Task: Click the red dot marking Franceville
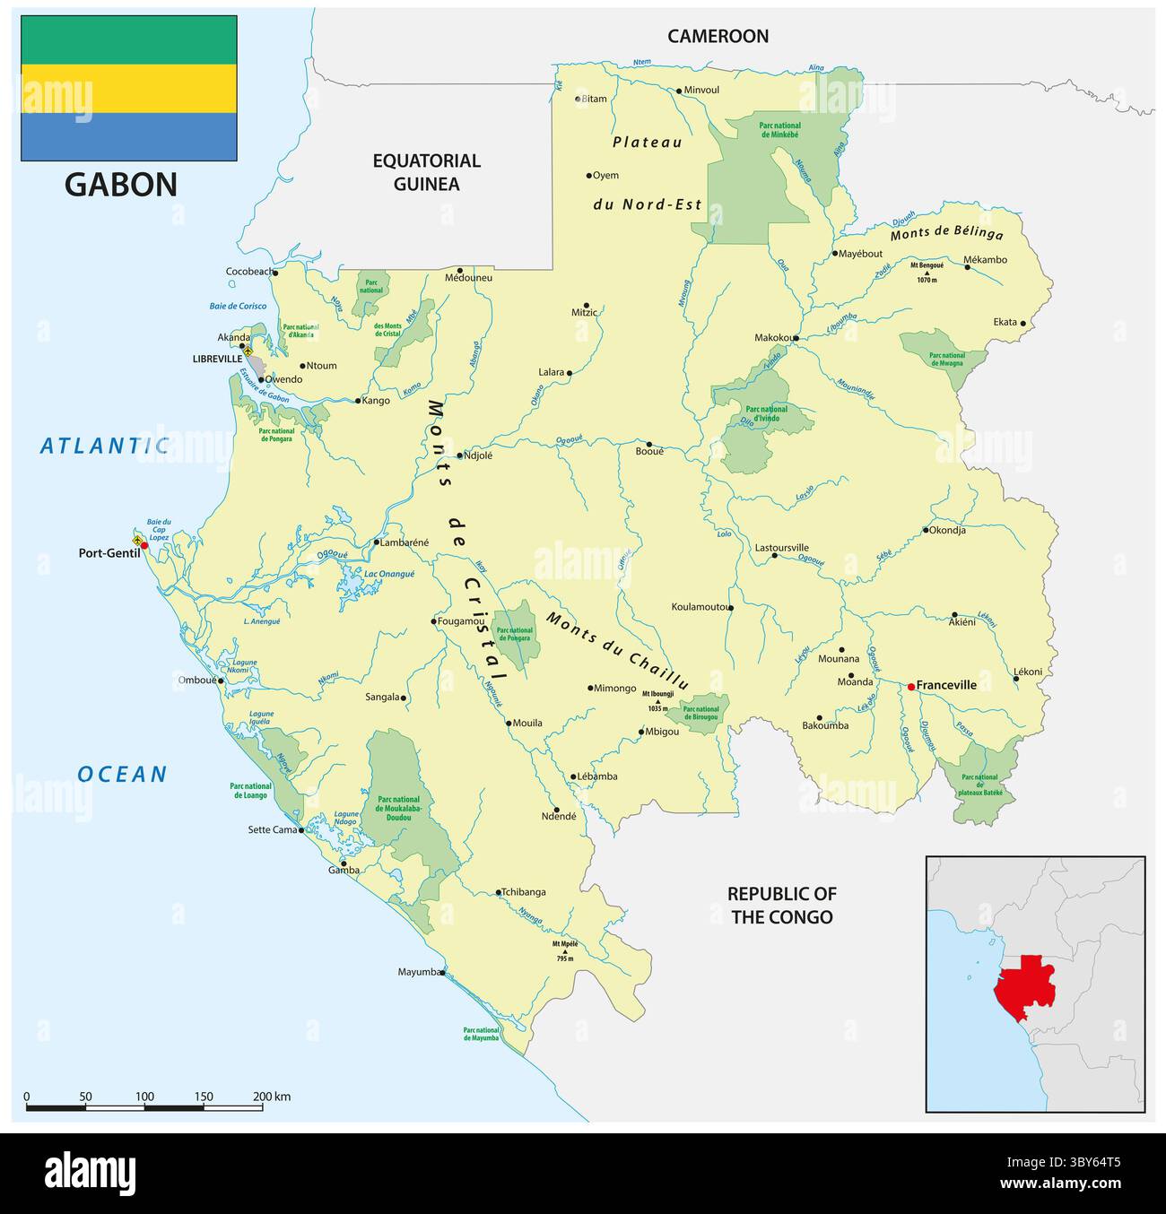click(910, 687)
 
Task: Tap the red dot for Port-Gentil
click(144, 545)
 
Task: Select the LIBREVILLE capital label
click(217, 359)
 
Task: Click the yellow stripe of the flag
click(129, 88)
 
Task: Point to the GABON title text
click(121, 184)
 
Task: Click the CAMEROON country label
click(718, 36)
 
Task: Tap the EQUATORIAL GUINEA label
click(427, 172)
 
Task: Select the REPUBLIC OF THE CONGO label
click(781, 905)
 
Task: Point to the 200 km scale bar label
click(271, 1097)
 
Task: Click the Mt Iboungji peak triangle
click(658, 700)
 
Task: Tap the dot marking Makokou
click(795, 338)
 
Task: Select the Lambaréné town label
click(405, 542)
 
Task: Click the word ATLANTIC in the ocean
click(104, 445)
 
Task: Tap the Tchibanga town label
click(524, 892)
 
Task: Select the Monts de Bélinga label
click(946, 234)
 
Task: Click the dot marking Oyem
click(589, 176)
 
